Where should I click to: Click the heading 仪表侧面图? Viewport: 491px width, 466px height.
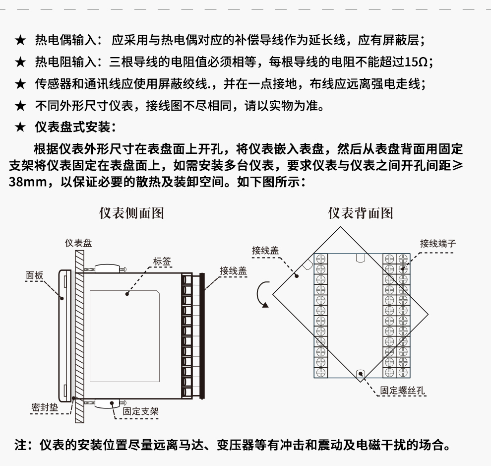coord(131,213)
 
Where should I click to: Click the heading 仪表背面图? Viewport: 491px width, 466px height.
coord(361,213)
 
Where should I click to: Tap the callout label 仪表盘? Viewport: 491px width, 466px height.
coord(78,243)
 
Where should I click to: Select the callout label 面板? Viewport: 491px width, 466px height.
coord(35,275)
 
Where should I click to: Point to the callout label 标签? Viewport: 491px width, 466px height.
coord(162,261)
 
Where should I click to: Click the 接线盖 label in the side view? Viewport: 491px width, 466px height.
coord(233,271)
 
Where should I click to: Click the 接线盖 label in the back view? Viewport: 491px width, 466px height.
coord(265,251)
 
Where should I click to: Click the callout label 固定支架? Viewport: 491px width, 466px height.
coord(141,411)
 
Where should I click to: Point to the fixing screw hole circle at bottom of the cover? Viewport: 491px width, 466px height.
coord(360,373)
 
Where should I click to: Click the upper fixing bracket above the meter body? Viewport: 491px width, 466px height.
coord(107,268)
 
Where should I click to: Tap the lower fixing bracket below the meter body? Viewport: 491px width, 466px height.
coord(107,402)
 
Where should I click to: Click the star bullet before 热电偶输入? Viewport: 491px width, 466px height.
coord(20,40)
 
